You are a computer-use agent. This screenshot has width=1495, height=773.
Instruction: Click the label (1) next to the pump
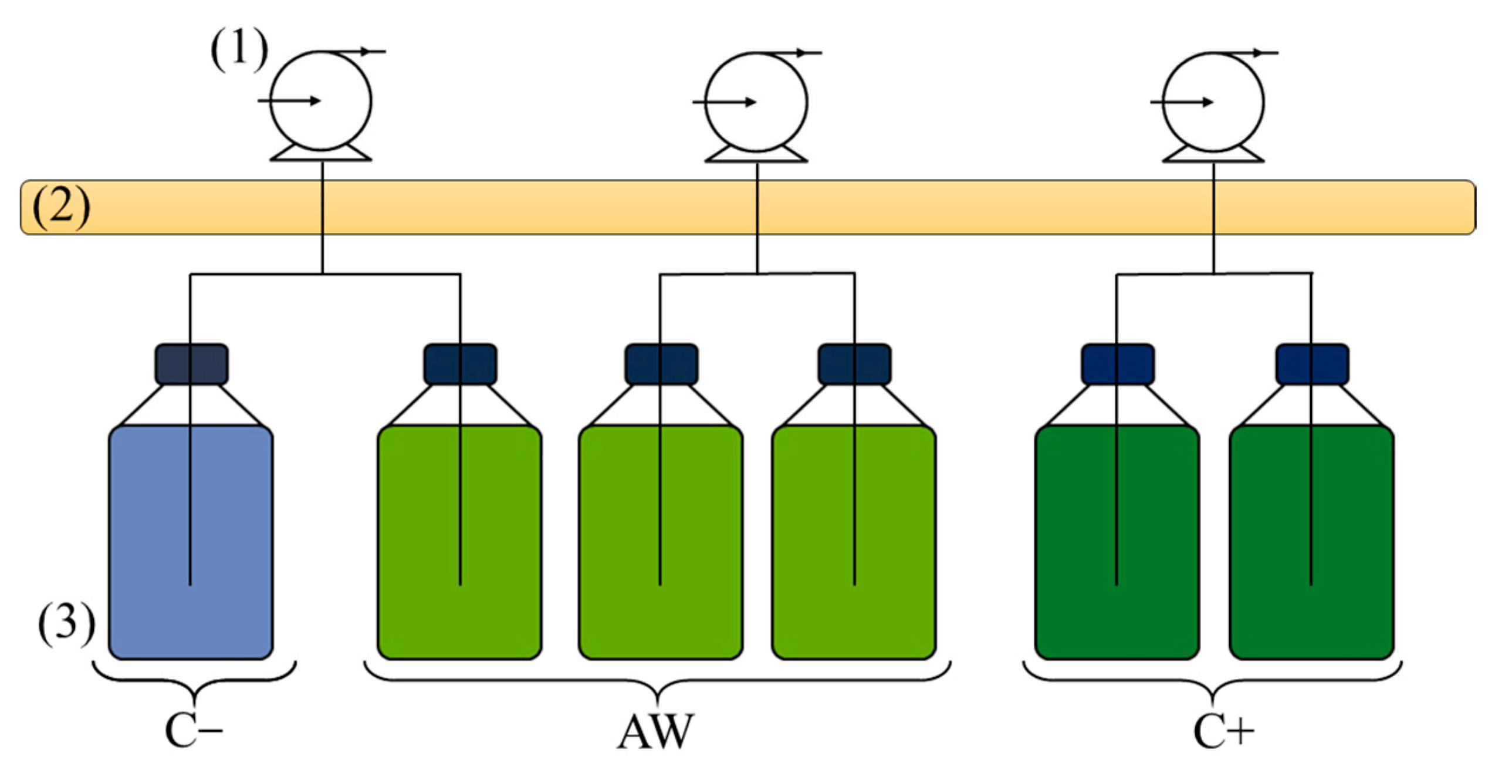(x=239, y=50)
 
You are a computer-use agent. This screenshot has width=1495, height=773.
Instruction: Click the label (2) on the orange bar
(x=61, y=207)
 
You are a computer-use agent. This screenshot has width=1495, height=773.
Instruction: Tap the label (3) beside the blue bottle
(x=66, y=623)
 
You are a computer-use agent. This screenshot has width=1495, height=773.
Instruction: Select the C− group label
(x=194, y=731)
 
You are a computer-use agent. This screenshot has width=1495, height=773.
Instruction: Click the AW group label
(x=655, y=731)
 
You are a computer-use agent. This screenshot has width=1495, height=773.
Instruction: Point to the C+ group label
(x=1223, y=731)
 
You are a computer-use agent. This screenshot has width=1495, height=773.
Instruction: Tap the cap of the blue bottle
(x=191, y=364)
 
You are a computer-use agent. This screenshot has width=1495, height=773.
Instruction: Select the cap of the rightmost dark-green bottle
(x=1312, y=364)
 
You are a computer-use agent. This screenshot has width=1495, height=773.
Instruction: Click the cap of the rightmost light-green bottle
(x=854, y=364)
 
